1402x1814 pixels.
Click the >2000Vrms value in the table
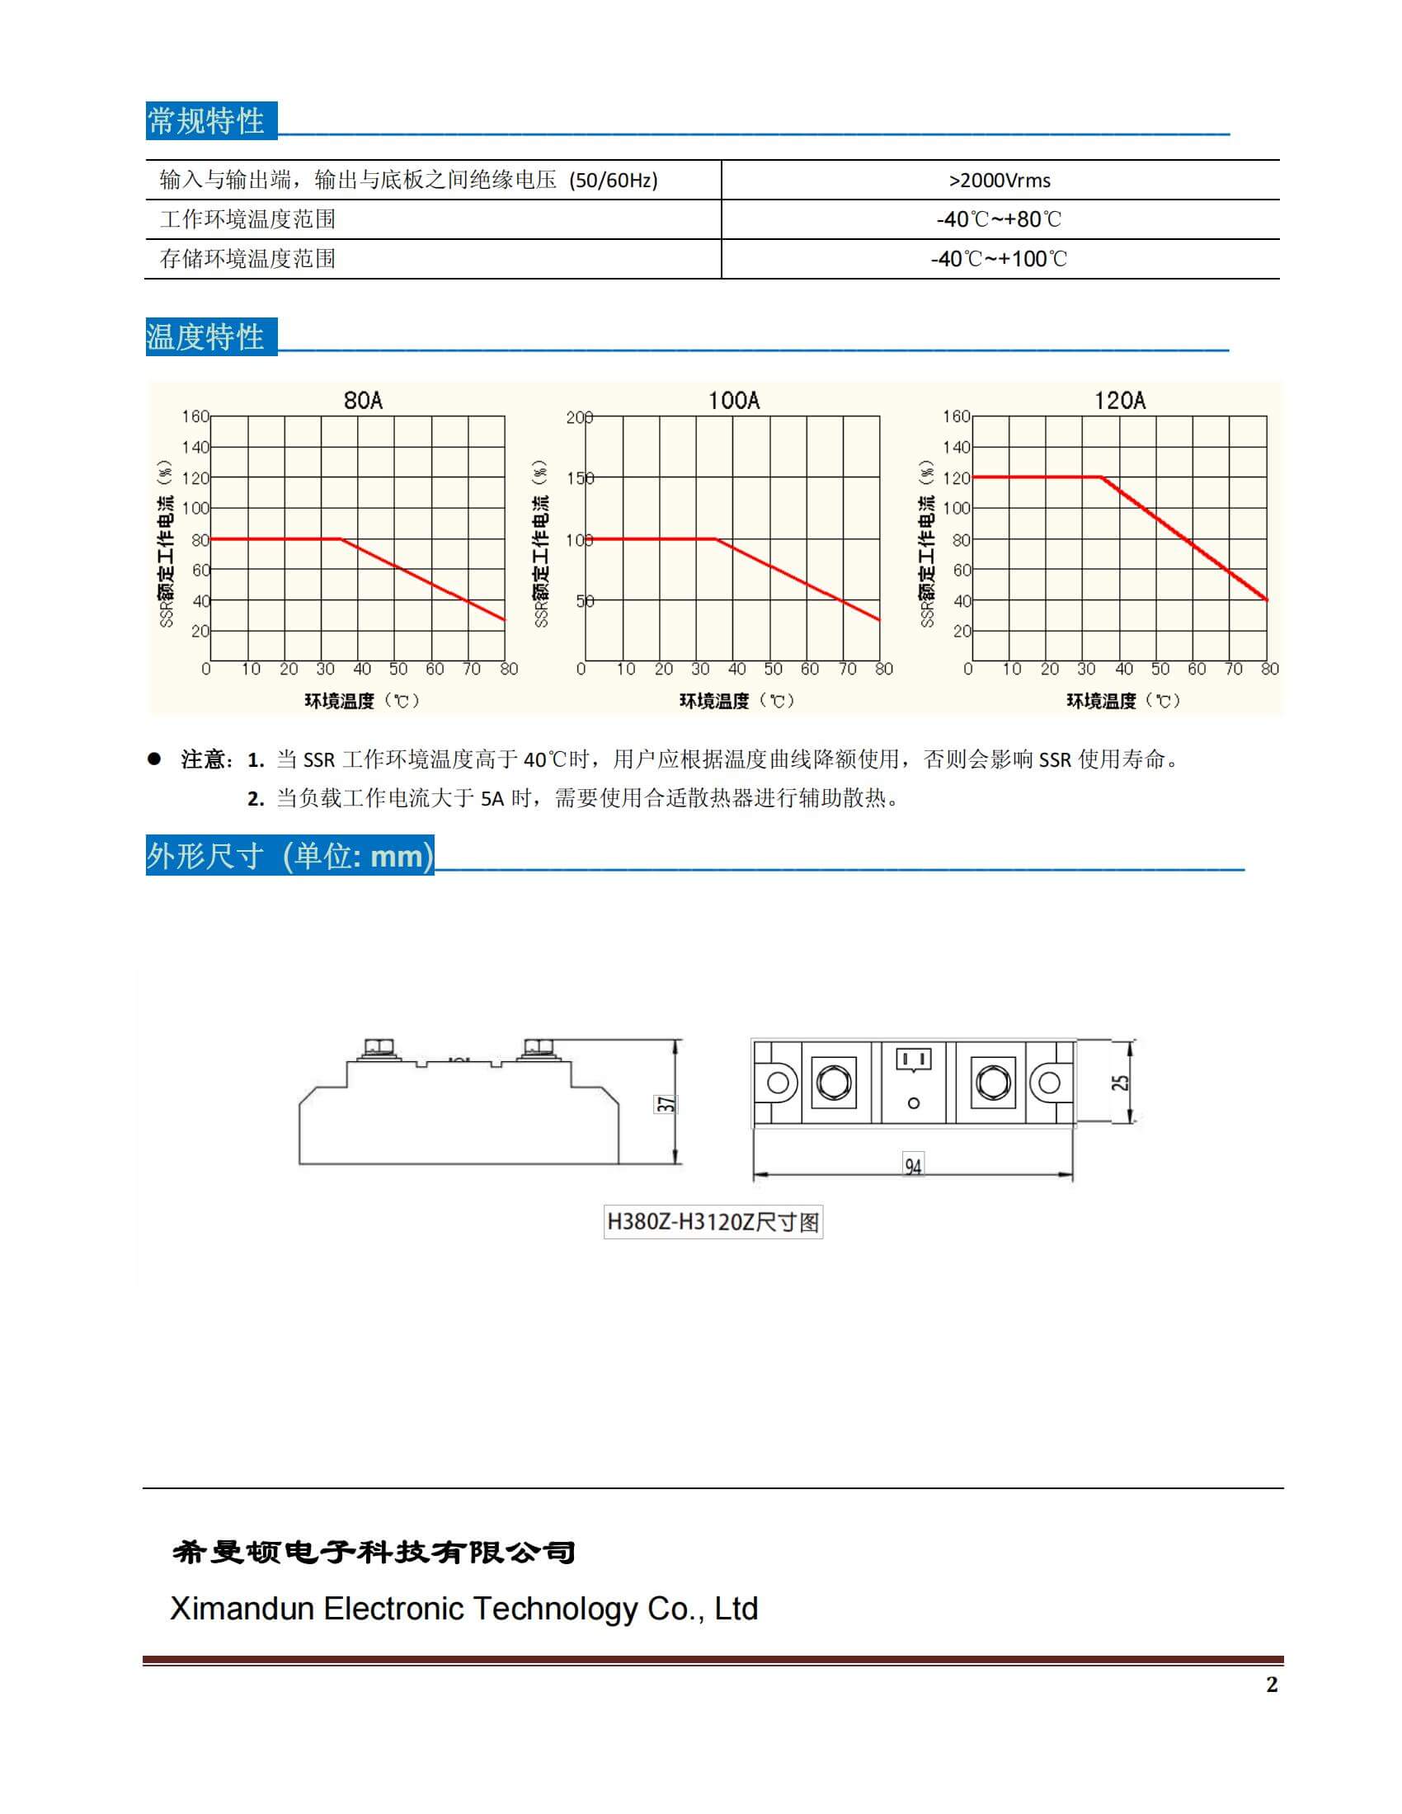tap(1000, 181)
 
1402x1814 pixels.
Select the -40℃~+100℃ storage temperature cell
tap(1000, 259)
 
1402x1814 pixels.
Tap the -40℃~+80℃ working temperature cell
tap(1000, 219)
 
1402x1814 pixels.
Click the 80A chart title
tap(363, 402)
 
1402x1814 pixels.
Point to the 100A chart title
tap(733, 402)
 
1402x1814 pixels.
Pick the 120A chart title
tap(1120, 402)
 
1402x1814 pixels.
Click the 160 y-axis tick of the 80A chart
tap(195, 416)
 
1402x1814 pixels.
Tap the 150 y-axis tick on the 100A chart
tap(580, 478)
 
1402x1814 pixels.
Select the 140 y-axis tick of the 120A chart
tap(956, 447)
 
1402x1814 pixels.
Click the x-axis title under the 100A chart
tap(736, 701)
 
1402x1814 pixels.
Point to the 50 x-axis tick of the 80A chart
tap(398, 670)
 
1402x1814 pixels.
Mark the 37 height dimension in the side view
tap(666, 1104)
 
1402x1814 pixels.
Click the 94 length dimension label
tap(913, 1167)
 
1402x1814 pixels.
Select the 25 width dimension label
tap(1121, 1083)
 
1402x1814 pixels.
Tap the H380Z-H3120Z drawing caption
tap(713, 1223)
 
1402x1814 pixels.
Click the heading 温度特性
tap(206, 337)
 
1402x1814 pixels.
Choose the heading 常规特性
tap(206, 121)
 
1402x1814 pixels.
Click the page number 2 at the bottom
tap(1272, 1685)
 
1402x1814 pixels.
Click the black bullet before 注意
tap(153, 759)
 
